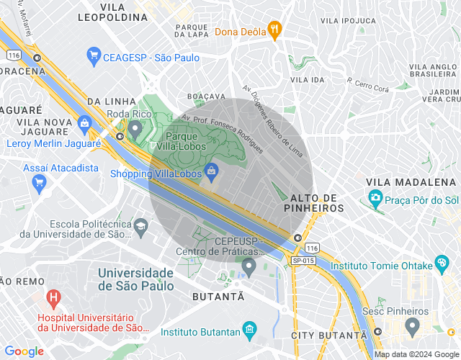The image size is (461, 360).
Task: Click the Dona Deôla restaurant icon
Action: (x=274, y=30)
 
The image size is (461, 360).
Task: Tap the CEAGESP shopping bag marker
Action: (x=93, y=55)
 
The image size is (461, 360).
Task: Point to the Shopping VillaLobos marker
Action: (x=211, y=171)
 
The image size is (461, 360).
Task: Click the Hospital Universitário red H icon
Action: (x=53, y=296)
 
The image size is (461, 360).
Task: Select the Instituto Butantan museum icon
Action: (x=249, y=330)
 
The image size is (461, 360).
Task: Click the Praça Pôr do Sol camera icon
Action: (x=375, y=197)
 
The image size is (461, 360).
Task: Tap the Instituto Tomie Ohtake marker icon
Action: (x=441, y=265)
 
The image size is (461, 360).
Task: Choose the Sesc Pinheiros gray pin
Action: (x=412, y=327)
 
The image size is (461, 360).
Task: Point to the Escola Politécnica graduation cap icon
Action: (x=140, y=225)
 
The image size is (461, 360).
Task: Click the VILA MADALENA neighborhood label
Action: (x=401, y=181)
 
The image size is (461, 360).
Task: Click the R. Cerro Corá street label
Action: (x=367, y=85)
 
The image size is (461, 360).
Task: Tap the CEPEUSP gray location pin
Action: (x=249, y=267)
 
